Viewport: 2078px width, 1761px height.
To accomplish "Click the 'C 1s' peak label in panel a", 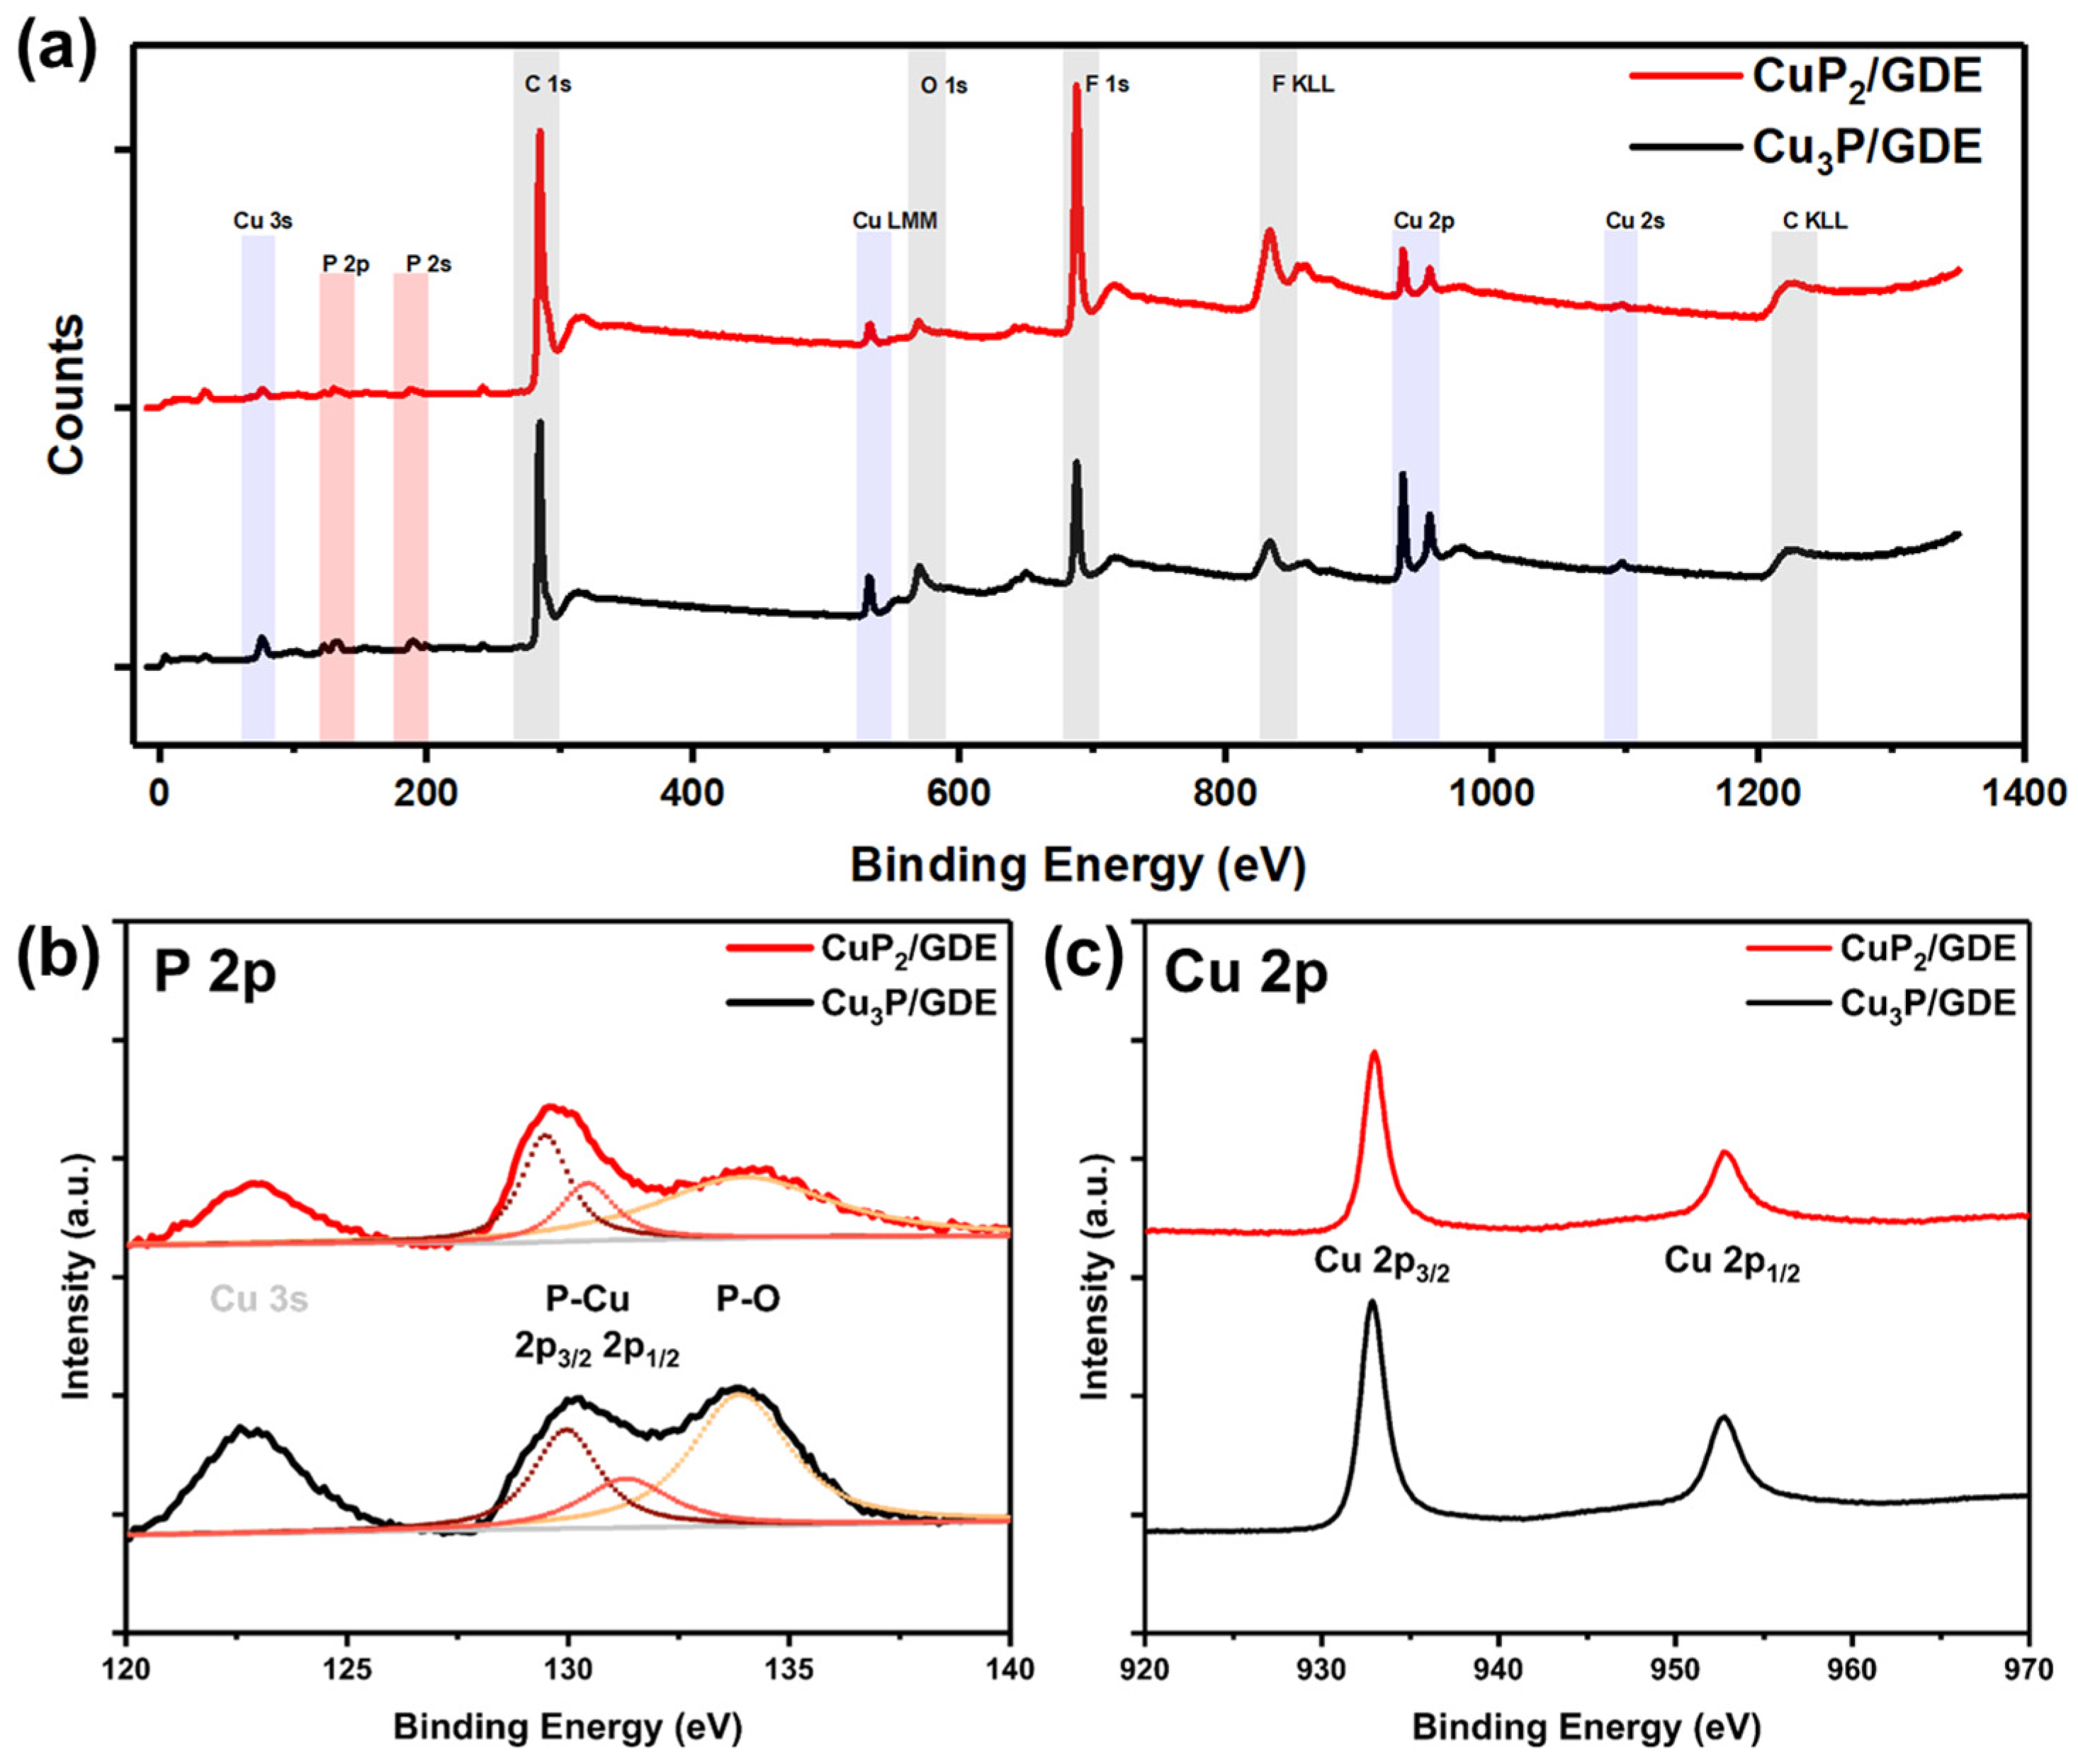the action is tap(548, 85).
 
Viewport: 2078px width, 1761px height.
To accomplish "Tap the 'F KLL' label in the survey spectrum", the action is tap(1303, 85).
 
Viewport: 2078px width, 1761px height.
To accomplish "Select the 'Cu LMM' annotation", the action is tap(895, 220).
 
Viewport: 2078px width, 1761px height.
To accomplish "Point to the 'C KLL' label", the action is tap(1815, 220).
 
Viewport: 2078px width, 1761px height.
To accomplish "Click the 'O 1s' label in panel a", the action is tap(944, 86).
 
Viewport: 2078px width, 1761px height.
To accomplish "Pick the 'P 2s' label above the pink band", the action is tap(429, 264).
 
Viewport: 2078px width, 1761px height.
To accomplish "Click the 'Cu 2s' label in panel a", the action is tap(1634, 220).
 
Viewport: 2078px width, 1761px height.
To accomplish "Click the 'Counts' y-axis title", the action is tap(66, 395).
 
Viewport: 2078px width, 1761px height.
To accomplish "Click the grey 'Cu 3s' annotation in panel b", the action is tap(259, 1298).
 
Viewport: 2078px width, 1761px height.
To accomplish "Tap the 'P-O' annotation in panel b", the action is tap(748, 1298).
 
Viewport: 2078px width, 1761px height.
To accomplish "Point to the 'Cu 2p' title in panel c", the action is tap(1247, 974).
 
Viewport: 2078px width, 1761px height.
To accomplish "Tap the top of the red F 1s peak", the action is tap(1076, 86).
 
